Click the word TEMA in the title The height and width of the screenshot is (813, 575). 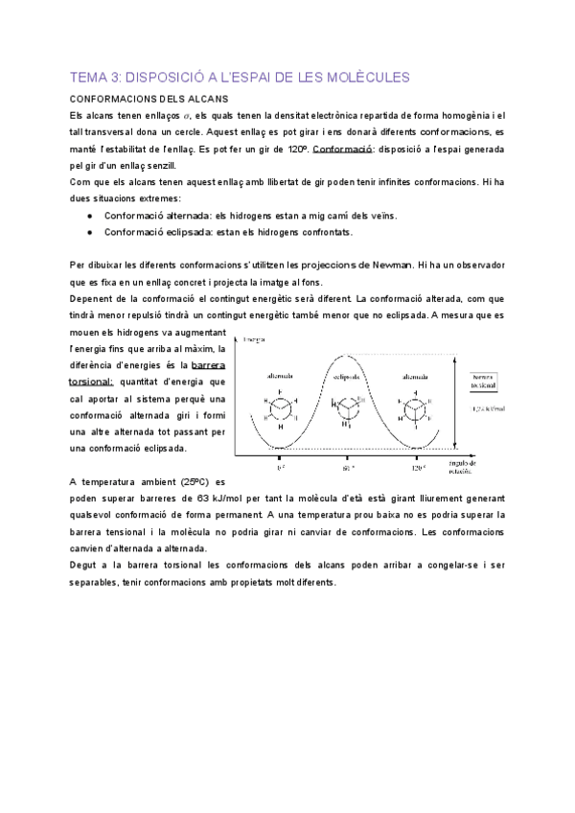click(87, 76)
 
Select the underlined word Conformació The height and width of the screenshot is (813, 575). click(342, 151)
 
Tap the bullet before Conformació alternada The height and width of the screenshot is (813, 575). click(89, 217)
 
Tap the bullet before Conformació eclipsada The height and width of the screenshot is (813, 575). click(89, 232)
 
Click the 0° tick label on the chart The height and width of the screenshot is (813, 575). click(280, 469)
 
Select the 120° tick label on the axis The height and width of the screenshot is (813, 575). click(417, 469)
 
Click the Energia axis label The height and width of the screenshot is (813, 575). click(255, 339)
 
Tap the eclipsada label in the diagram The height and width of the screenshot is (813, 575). click(348, 376)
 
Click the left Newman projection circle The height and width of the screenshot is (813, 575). click(280, 407)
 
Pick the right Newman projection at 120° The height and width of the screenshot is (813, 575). click(415, 407)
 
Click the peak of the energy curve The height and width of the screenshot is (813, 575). click(348, 356)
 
